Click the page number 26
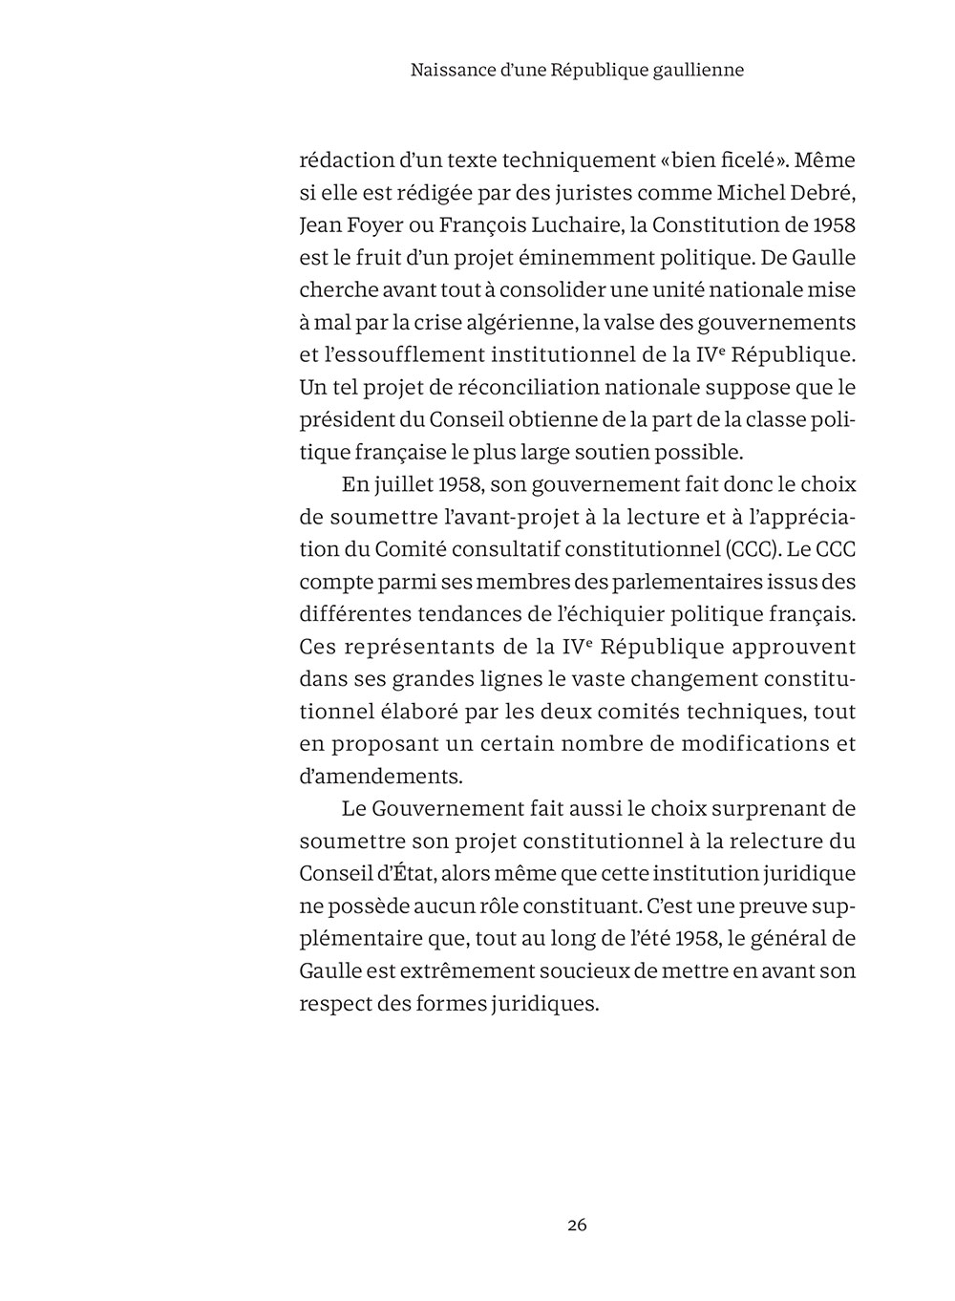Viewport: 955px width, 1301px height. tap(577, 1225)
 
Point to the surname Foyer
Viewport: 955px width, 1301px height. tap(389, 225)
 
